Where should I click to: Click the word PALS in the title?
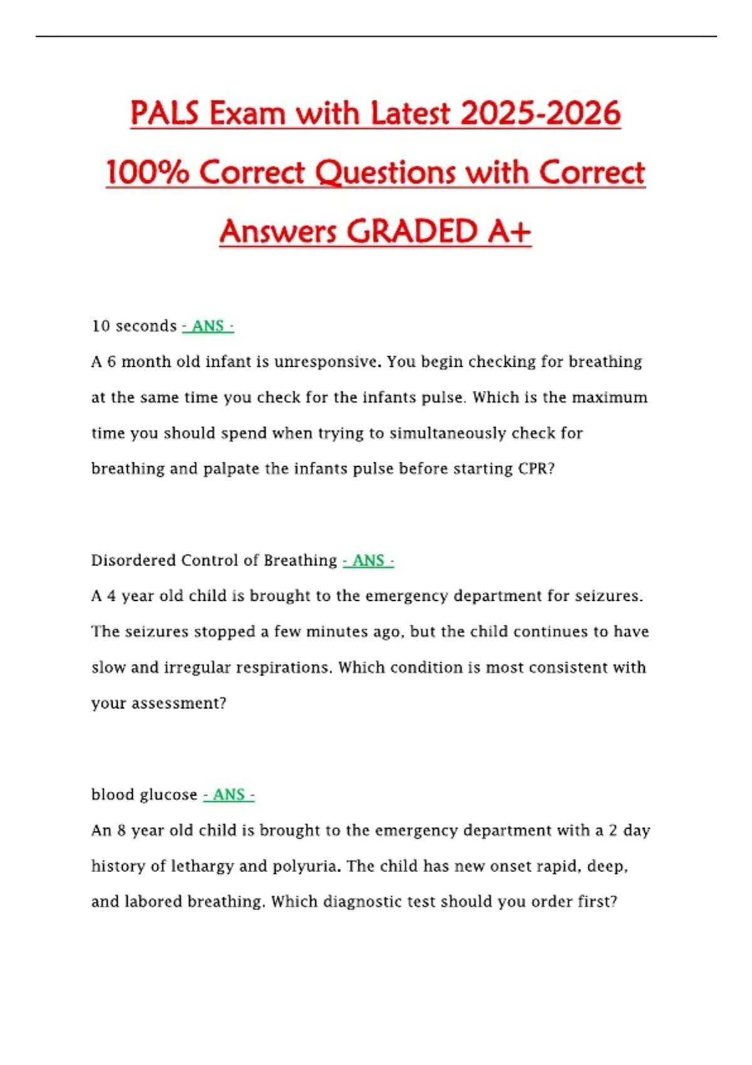[164, 113]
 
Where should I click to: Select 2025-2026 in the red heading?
[540, 113]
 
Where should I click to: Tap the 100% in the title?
[147, 172]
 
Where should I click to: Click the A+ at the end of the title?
[509, 231]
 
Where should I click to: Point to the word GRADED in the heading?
[412, 231]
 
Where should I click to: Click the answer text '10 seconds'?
[134, 326]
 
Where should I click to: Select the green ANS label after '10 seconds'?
[208, 326]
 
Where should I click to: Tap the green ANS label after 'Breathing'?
[368, 560]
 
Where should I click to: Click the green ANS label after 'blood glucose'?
[229, 794]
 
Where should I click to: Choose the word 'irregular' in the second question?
[197, 667]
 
